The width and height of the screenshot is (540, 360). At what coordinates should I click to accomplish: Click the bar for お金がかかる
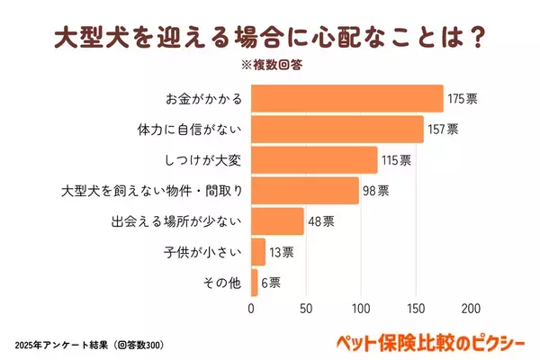[346, 98]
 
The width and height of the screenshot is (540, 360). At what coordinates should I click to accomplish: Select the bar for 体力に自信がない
[337, 129]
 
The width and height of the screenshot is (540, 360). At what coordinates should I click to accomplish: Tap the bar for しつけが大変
[313, 160]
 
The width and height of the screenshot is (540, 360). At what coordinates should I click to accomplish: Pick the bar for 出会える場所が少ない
[277, 221]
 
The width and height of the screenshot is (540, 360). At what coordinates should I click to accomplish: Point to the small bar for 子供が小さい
[258, 252]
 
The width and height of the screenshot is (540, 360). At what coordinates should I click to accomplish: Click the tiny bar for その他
[255, 283]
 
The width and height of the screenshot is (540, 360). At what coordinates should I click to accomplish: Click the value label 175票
[463, 98]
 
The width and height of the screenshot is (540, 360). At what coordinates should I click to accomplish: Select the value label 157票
[443, 129]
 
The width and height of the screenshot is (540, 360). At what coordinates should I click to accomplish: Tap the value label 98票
[375, 191]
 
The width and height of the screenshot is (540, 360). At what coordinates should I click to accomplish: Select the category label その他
[224, 283]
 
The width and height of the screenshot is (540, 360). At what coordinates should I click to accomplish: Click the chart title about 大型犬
[270, 39]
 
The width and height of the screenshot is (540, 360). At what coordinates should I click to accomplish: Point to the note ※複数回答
[271, 67]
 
